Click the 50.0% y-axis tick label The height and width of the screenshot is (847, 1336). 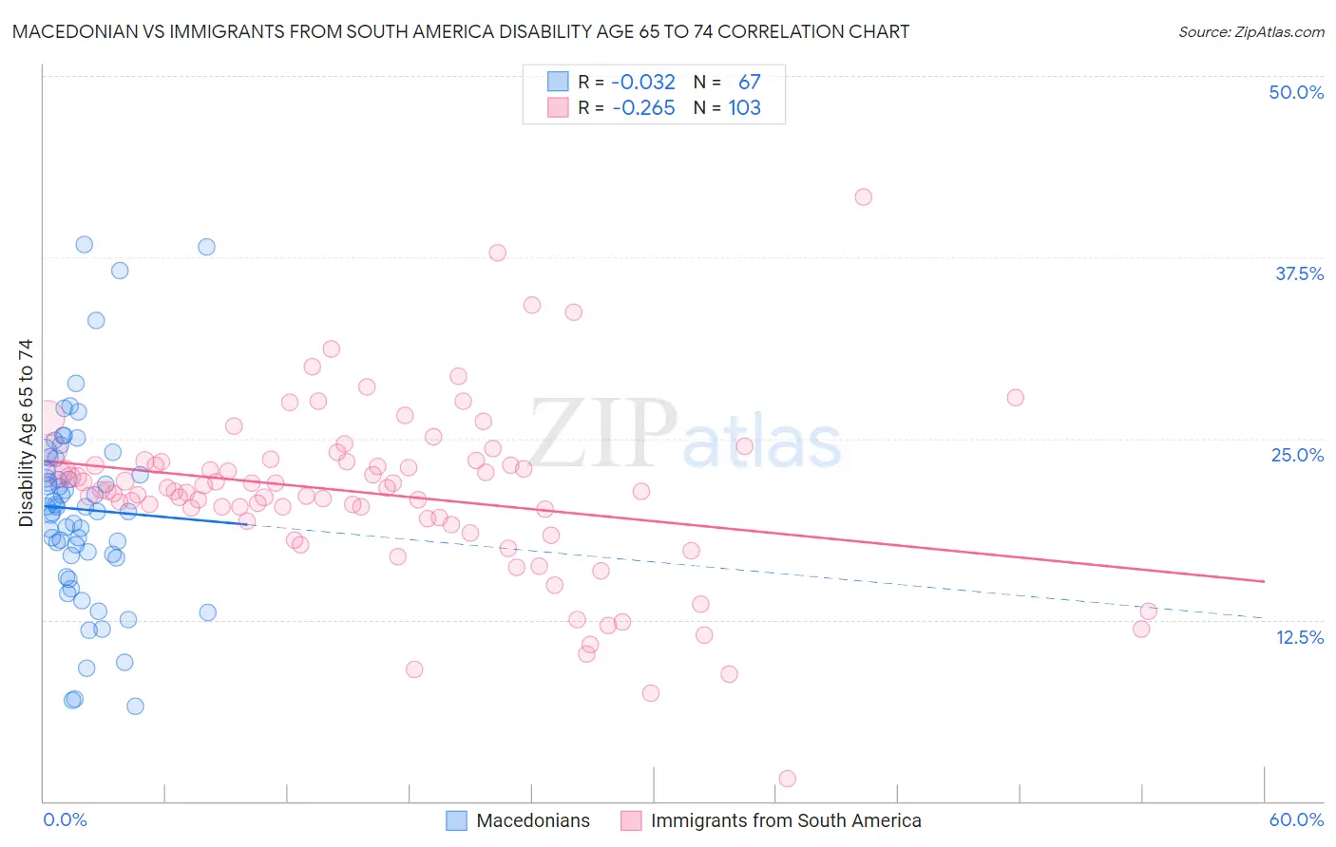click(1296, 92)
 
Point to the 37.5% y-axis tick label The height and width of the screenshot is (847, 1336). click(1299, 273)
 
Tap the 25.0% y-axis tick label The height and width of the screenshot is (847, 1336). click(1297, 455)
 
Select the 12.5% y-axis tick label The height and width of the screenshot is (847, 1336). click(1299, 637)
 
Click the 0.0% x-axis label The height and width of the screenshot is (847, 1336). click(65, 819)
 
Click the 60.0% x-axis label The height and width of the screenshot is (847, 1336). click(1296, 819)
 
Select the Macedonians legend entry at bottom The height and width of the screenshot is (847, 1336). click(532, 820)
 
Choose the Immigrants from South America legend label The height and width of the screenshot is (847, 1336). click(785, 820)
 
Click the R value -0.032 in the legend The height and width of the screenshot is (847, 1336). click(643, 82)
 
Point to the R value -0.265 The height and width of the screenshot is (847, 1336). click(643, 107)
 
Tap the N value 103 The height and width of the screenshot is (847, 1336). click(744, 107)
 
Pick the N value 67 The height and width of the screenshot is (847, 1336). click(749, 82)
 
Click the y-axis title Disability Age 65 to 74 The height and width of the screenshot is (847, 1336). click(26, 432)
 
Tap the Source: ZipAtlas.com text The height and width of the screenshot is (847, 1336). click(1250, 31)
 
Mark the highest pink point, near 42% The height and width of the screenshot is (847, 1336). click(863, 197)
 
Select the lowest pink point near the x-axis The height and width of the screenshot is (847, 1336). click(787, 779)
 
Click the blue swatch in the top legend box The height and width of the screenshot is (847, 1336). click(557, 82)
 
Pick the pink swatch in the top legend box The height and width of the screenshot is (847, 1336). click(557, 107)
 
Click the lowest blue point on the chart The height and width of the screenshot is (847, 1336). click(135, 706)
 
